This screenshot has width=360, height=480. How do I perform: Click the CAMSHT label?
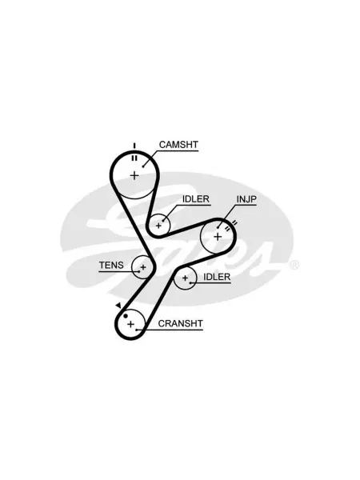click(178, 145)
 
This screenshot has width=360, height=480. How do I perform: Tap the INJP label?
click(246, 199)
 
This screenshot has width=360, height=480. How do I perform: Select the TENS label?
click(111, 265)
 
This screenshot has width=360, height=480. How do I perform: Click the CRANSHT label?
click(180, 323)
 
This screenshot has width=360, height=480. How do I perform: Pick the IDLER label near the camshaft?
click(196, 199)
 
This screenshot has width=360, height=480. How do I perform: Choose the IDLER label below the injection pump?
click(217, 277)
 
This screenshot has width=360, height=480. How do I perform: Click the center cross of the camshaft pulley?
click(134, 175)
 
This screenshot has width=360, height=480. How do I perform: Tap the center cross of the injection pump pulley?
click(218, 237)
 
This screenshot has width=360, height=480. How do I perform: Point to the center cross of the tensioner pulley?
click(143, 267)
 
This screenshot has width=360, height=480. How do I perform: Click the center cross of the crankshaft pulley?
click(130, 324)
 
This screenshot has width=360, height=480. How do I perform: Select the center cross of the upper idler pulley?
click(158, 226)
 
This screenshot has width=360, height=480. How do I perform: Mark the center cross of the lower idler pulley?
click(185, 278)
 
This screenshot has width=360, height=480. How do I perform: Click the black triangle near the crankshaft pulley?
click(118, 306)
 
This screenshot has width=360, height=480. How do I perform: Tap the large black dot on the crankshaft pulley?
click(126, 316)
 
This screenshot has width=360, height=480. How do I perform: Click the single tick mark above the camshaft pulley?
click(134, 146)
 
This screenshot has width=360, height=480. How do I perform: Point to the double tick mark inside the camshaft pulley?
click(134, 158)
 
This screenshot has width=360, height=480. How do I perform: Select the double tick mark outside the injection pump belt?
click(234, 223)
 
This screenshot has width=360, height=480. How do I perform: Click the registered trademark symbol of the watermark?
click(294, 265)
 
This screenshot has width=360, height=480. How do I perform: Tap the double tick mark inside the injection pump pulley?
click(227, 228)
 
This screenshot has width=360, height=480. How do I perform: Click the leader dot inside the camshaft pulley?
click(143, 166)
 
